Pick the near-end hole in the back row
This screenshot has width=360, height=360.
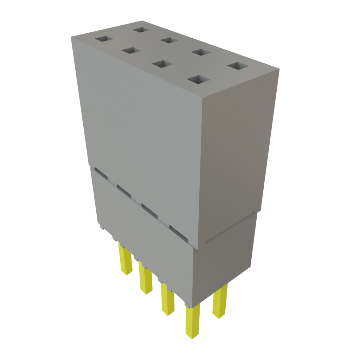[238, 66]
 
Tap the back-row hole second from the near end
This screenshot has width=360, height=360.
[201, 53]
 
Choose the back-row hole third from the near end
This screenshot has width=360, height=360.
[170, 40]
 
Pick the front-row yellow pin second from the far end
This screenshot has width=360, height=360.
[145, 278]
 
